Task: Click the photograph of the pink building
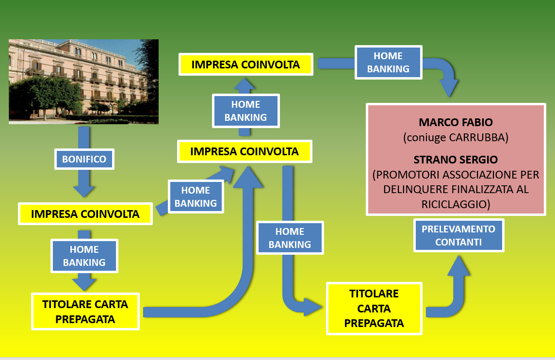83,82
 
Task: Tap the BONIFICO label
84,159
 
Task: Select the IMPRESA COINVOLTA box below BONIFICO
85,214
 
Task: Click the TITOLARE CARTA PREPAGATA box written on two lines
85,311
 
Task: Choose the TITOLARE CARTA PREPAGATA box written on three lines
374,309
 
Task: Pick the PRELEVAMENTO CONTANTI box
458,235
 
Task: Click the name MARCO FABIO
456,123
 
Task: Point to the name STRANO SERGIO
456,160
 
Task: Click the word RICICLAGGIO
456,205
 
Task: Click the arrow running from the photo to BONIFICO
84,137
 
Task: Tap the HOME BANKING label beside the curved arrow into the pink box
388,62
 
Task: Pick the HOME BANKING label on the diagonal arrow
196,196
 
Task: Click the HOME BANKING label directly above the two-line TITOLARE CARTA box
84,256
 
